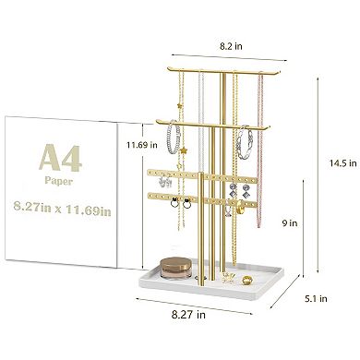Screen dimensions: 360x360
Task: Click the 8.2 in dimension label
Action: (231, 46)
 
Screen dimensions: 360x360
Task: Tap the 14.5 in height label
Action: (343, 162)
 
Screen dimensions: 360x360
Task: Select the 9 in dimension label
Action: (290, 222)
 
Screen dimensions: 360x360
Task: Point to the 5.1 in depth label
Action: (315, 298)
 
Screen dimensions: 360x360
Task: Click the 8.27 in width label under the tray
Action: (188, 315)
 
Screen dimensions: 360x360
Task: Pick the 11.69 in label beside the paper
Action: (142, 145)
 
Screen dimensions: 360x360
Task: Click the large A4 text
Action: (61, 159)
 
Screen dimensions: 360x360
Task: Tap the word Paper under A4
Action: (58, 180)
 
